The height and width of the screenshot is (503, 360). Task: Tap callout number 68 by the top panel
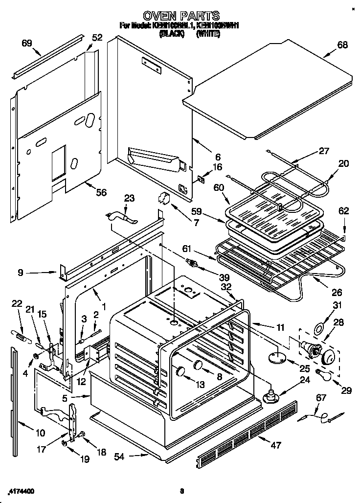[x=342, y=45]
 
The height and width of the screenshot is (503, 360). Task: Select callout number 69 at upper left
[x=26, y=43]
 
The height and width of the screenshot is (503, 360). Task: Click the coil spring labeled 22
[x=18, y=334]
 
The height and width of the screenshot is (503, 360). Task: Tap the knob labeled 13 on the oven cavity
[x=180, y=371]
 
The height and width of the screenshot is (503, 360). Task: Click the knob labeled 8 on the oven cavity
[x=198, y=365]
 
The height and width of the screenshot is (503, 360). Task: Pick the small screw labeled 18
[x=82, y=433]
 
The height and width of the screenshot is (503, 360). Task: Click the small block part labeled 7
[x=163, y=199]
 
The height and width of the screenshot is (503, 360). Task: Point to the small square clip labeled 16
[x=201, y=180]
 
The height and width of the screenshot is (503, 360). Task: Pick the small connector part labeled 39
[x=194, y=264]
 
